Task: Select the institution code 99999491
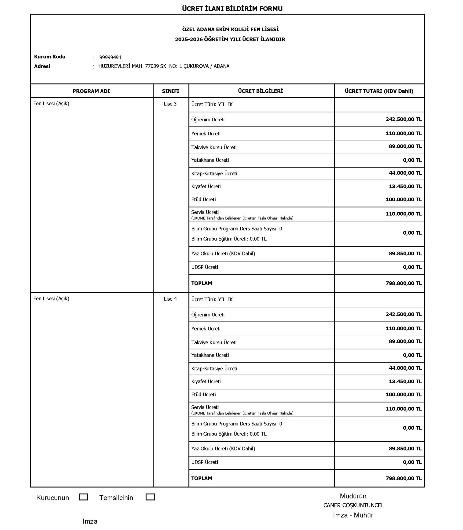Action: [x=110, y=57]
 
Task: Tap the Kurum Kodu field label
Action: [x=50, y=57]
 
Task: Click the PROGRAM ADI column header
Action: [x=91, y=91]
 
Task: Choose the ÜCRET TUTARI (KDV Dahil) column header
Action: [x=379, y=91]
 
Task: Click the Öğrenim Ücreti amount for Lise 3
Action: [x=403, y=119]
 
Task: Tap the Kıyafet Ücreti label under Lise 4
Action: [x=206, y=381]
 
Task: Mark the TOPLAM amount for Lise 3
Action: [x=403, y=283]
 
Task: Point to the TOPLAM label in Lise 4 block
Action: [x=202, y=478]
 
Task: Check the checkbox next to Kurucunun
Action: [x=83, y=497]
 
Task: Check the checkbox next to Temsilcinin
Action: [x=150, y=497]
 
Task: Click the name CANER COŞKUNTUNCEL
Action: [x=353, y=505]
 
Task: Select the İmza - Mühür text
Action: [x=353, y=515]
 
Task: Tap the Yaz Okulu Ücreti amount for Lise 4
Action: [x=405, y=448]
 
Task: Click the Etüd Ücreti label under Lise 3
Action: [x=203, y=199]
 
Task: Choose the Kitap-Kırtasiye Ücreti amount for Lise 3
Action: [x=405, y=173]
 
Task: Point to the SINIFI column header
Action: [x=171, y=91]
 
